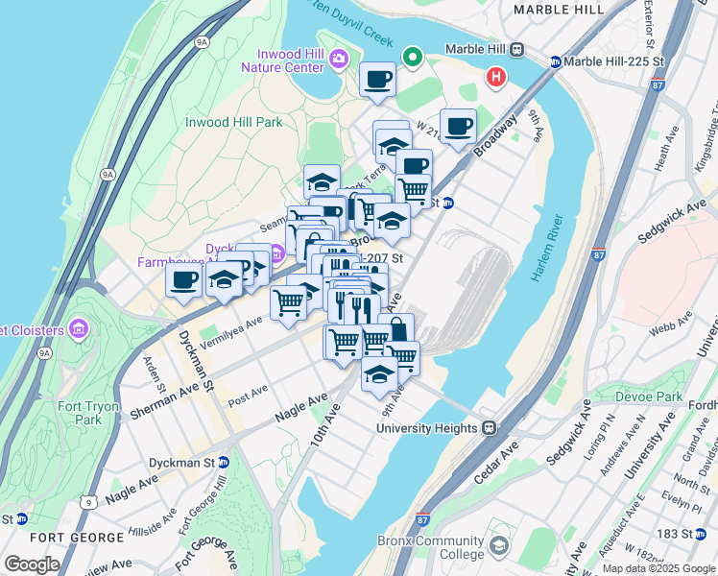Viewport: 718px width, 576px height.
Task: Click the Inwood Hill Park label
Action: coord(233,122)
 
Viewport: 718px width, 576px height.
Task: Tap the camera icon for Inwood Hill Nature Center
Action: coord(338,60)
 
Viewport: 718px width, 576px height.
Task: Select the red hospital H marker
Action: coord(495,76)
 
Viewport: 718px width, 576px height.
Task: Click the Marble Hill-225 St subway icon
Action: coord(555,62)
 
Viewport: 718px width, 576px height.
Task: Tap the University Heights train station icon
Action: coord(489,428)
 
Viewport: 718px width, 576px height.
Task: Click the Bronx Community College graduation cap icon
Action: coord(498,546)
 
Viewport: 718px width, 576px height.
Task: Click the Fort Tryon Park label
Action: coord(102,413)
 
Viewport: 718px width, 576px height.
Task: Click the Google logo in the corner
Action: coord(32,564)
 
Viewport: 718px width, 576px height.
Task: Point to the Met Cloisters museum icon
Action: coord(79,330)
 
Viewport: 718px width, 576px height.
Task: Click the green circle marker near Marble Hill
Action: coord(414,58)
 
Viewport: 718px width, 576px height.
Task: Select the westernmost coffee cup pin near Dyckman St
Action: coord(182,280)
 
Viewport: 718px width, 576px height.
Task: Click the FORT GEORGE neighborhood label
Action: coord(65,537)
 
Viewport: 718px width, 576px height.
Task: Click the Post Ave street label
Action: coord(247,394)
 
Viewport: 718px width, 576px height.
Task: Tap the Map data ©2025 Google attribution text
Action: coord(658,568)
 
